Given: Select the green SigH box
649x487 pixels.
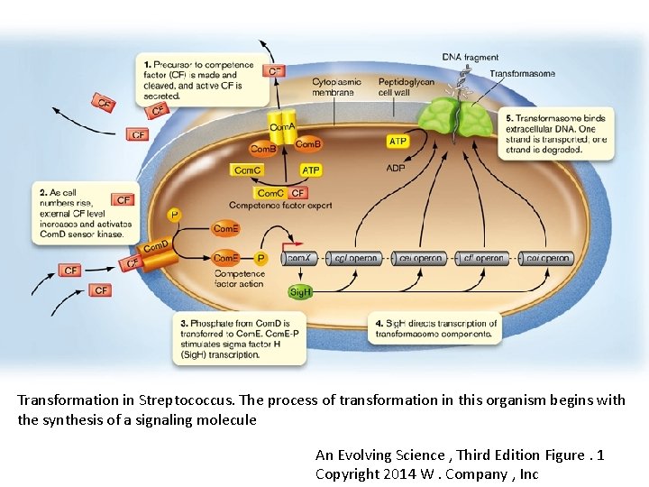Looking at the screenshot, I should click(x=300, y=292).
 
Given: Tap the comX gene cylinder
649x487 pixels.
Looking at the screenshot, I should click(x=300, y=258).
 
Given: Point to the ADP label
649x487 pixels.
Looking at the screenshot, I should click(x=396, y=168).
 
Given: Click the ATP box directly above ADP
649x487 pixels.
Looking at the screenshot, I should click(x=398, y=142).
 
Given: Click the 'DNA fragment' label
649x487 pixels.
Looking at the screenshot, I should click(x=470, y=58).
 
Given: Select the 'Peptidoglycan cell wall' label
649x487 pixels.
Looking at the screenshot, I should click(x=406, y=87).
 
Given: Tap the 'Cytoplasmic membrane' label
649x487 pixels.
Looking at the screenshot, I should click(x=336, y=87).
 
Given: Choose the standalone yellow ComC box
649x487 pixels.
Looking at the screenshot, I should click(x=247, y=170).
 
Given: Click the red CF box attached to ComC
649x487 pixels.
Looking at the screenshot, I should click(x=298, y=193).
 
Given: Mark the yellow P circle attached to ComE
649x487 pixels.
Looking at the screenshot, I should click(x=261, y=258).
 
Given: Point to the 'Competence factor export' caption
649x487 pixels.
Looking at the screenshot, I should click(x=280, y=206).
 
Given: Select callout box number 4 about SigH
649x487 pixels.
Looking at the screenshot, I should click(x=435, y=328).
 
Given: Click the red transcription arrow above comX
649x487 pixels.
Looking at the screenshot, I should click(x=290, y=243).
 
